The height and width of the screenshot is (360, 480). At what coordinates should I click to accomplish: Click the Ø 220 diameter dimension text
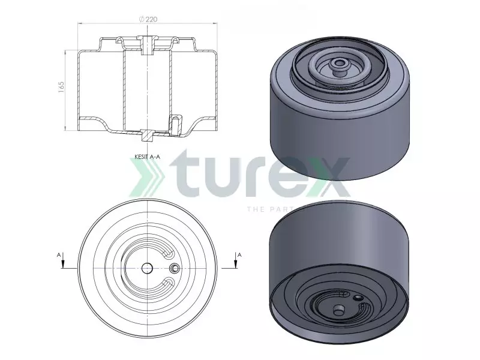pos(147,19)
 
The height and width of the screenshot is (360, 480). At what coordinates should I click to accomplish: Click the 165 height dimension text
pos(61,88)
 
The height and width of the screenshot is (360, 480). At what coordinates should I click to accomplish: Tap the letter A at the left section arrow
pos(59,255)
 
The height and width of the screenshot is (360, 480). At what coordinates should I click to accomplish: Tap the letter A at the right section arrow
pos(239,255)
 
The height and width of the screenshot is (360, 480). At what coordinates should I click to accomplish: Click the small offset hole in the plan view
pos(175,268)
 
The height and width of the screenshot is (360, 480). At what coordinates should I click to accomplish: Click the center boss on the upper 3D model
pos(340,62)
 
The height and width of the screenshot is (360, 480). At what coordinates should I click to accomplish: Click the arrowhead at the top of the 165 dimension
pos(65,53)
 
